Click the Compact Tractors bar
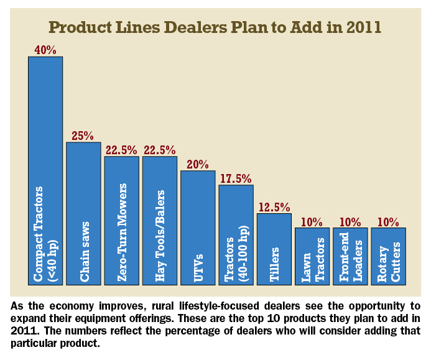tap(45, 171)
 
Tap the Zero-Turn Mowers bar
tap(122, 220)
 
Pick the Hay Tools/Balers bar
tap(160, 220)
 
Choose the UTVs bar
tap(198, 228)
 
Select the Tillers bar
tap(274, 249)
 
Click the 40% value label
tap(45, 50)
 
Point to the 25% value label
tap(83, 136)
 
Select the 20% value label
tap(198, 164)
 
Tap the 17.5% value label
tap(236, 178)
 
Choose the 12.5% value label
tap(274, 207)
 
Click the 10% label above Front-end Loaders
tap(350, 221)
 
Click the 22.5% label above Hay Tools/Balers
tap(160, 150)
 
